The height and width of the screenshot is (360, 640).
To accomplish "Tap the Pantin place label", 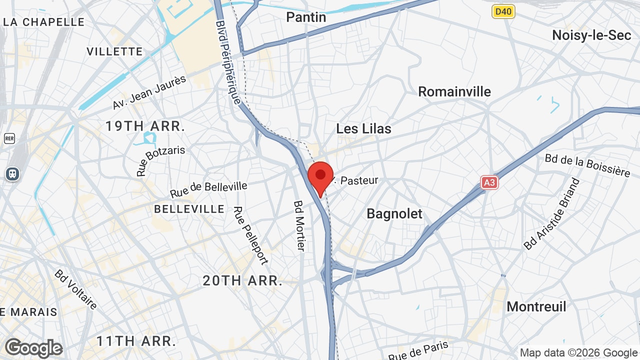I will coord(306,17).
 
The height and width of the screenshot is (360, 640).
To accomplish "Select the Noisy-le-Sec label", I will coord(591,35).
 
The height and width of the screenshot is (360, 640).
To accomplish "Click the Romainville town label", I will coord(454,92).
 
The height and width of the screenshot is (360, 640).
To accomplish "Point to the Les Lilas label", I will coord(363,128).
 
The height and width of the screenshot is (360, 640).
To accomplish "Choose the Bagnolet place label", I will coord(394,214).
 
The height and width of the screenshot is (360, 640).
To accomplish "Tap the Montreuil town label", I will coord(536,306).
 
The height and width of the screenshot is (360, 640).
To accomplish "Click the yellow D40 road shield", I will coord(503,11).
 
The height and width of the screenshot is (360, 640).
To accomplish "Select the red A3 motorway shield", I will coord(489,182).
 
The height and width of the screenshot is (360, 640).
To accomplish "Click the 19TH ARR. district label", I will coord(145,126).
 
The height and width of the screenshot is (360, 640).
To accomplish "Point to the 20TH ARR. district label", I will coord(242,280).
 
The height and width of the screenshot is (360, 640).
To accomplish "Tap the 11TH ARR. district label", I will coord(136,341).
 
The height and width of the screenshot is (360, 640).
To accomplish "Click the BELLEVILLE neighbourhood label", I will coord(189,208).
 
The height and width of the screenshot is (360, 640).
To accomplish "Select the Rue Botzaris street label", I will coord(160,160).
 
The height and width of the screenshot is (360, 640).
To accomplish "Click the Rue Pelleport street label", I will coord(251,235).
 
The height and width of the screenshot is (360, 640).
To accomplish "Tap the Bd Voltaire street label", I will coord(76,289).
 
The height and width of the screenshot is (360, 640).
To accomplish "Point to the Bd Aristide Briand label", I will coord(551,213).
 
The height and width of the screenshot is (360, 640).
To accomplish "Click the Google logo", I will coord(33,348).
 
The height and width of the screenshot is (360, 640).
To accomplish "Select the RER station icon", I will coord(9,138).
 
